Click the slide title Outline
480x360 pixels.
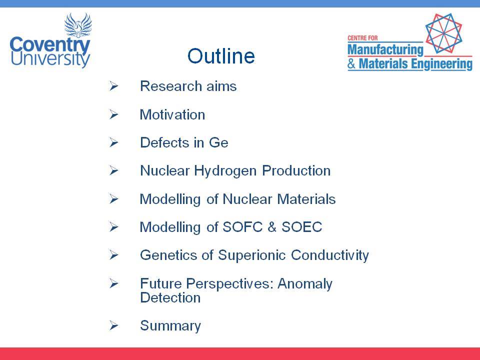(221, 56)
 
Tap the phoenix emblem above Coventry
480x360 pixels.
(78, 25)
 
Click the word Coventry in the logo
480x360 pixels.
(50, 46)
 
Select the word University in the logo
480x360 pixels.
(50, 59)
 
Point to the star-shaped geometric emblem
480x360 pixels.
(443, 33)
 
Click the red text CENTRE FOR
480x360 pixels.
(363, 38)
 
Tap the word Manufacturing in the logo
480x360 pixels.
(385, 49)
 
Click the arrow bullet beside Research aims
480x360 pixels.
(113, 86)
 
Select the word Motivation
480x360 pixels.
(172, 115)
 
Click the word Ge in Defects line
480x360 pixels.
(218, 142)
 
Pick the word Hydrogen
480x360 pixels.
(225, 171)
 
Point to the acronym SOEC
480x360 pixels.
(302, 227)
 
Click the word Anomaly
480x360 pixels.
(305, 284)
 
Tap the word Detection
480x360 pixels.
(170, 297)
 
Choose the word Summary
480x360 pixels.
(170, 325)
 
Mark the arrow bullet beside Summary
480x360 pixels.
(113, 325)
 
